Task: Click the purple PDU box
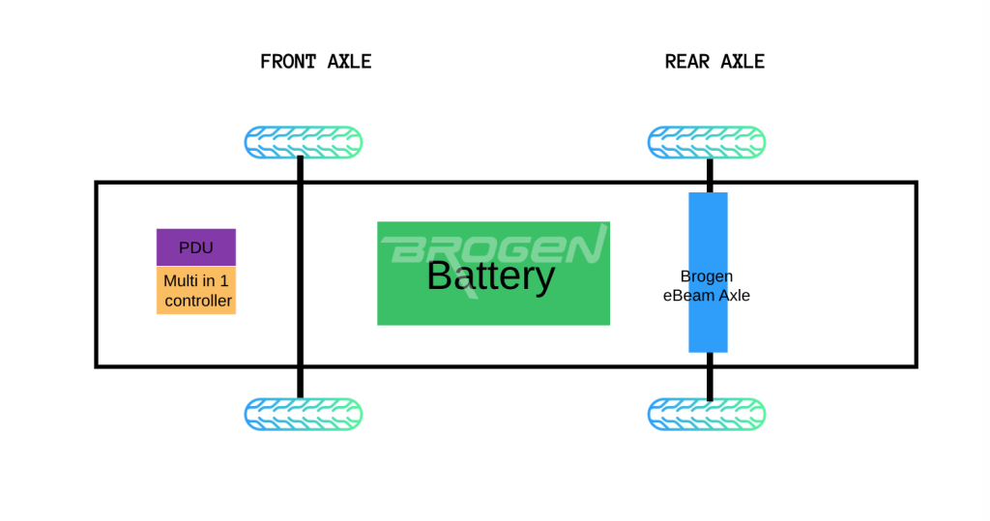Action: pyautogui.click(x=195, y=246)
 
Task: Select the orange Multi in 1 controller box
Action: pyautogui.click(x=195, y=291)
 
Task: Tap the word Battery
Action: pyautogui.click(x=490, y=276)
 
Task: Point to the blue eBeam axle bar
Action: pyautogui.click(x=708, y=273)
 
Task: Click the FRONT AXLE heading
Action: pyautogui.click(x=316, y=62)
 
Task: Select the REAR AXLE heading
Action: pyautogui.click(x=714, y=62)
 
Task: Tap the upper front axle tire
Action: pyautogui.click(x=303, y=142)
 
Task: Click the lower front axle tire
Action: pyautogui.click(x=303, y=415)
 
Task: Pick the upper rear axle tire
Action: pyautogui.click(x=707, y=142)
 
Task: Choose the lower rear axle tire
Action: pyautogui.click(x=707, y=415)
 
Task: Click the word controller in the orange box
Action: pyautogui.click(x=198, y=301)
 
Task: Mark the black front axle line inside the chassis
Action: pyautogui.click(x=300, y=275)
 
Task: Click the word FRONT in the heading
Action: pyautogui.click(x=288, y=62)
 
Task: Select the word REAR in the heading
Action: pyautogui.click(x=687, y=62)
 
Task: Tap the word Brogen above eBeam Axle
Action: pyautogui.click(x=707, y=276)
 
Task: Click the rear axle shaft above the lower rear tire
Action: pyautogui.click(x=710, y=376)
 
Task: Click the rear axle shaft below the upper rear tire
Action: pyautogui.click(x=710, y=175)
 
